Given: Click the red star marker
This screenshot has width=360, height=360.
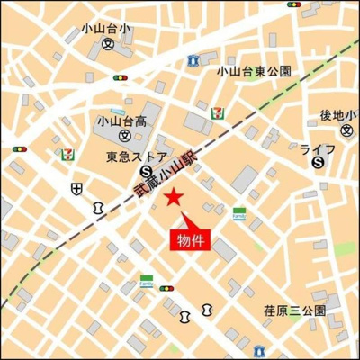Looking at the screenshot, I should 175,197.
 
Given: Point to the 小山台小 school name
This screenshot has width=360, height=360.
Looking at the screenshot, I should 105,28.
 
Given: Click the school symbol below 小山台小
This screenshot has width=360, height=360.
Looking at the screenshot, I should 108,43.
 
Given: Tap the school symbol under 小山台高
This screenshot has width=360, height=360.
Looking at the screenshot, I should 123,137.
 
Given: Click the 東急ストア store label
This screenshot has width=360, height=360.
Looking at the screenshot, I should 130,156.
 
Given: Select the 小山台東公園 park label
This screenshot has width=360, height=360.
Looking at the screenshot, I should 254,70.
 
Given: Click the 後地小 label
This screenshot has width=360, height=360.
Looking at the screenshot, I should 338,115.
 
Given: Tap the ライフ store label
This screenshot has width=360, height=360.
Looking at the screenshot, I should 318,148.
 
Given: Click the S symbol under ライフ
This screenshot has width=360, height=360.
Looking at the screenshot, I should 318,163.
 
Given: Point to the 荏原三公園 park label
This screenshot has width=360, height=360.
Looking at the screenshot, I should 294,309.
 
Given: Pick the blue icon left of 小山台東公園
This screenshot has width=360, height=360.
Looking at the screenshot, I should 193,59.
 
